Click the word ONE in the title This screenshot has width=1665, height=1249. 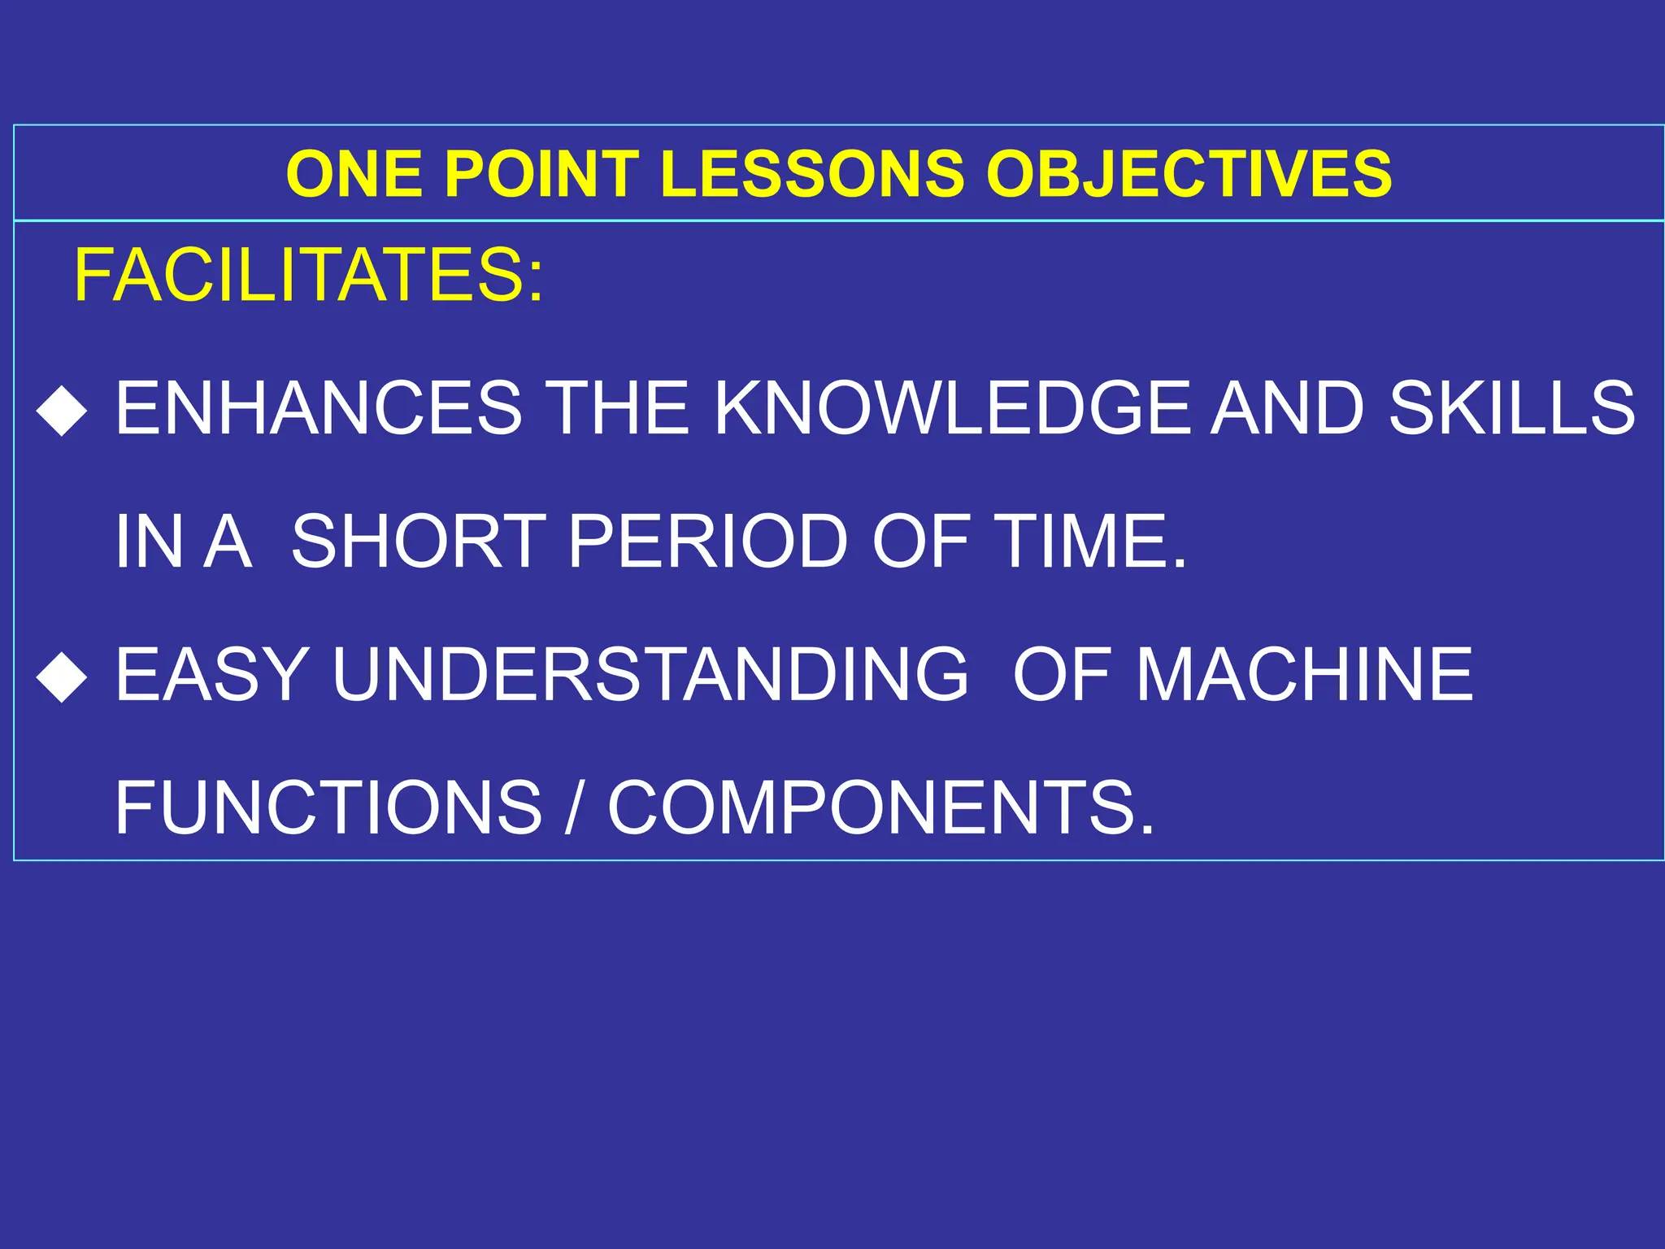point(354,174)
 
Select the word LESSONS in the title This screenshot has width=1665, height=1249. point(811,174)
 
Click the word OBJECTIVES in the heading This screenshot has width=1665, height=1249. point(1189,174)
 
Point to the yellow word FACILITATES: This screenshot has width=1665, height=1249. point(308,276)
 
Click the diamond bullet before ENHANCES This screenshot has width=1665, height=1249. point(62,411)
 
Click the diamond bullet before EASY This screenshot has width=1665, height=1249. point(62,677)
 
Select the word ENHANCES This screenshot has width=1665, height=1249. point(319,408)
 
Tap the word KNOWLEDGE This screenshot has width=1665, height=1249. point(956,408)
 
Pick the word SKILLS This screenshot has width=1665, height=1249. point(1511,408)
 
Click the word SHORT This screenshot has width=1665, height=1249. point(418,542)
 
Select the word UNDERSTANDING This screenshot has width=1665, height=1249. point(651,674)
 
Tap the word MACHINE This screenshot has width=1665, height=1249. point(1304,674)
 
